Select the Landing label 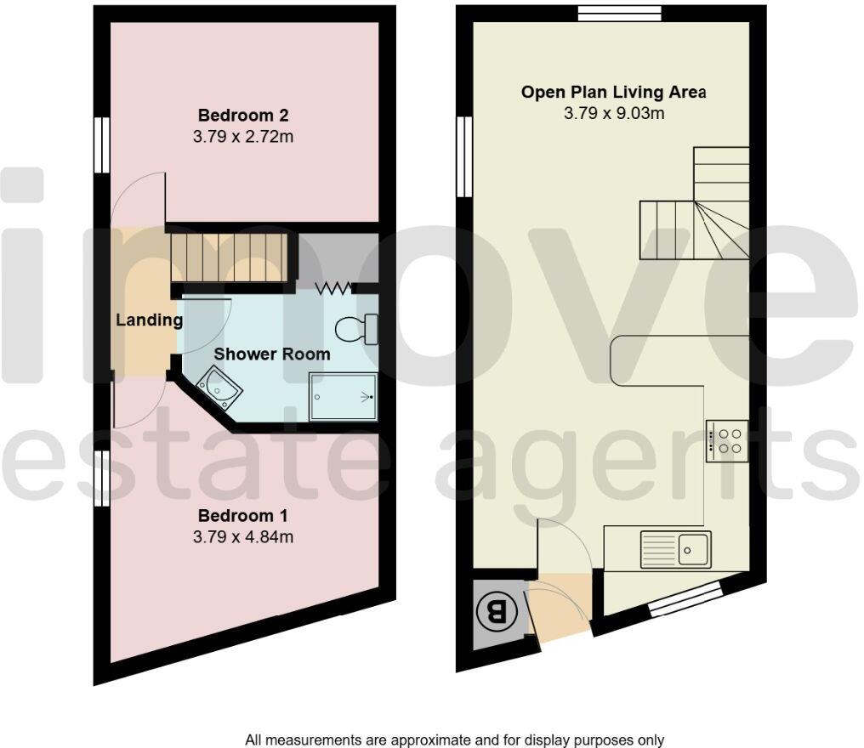pos(150,320)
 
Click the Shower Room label pos(271,354)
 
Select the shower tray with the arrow pos(344,397)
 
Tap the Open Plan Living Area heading pos(613,92)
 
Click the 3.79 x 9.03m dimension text pos(613,112)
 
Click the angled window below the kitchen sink pos(685,601)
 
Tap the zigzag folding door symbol pos(333,289)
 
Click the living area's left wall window pos(464,157)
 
